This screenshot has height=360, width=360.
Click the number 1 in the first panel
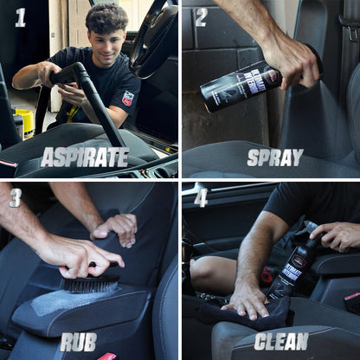pyautogui.click(x=20, y=16)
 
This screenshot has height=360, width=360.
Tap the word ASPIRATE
pyautogui.click(x=85, y=157)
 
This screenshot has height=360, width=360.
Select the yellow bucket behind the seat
pyautogui.click(x=24, y=122)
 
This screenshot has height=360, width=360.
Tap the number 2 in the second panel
pyautogui.click(x=200, y=16)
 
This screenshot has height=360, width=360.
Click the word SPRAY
pyautogui.click(x=274, y=157)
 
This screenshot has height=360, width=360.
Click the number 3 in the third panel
pyautogui.click(x=15, y=198)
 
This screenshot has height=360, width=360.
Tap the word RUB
pyautogui.click(x=79, y=341)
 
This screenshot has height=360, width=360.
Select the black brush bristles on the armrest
pyautogui.click(x=91, y=284)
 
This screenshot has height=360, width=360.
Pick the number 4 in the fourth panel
pyautogui.click(x=202, y=198)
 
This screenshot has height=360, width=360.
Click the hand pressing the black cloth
pyautogui.click(x=247, y=299)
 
